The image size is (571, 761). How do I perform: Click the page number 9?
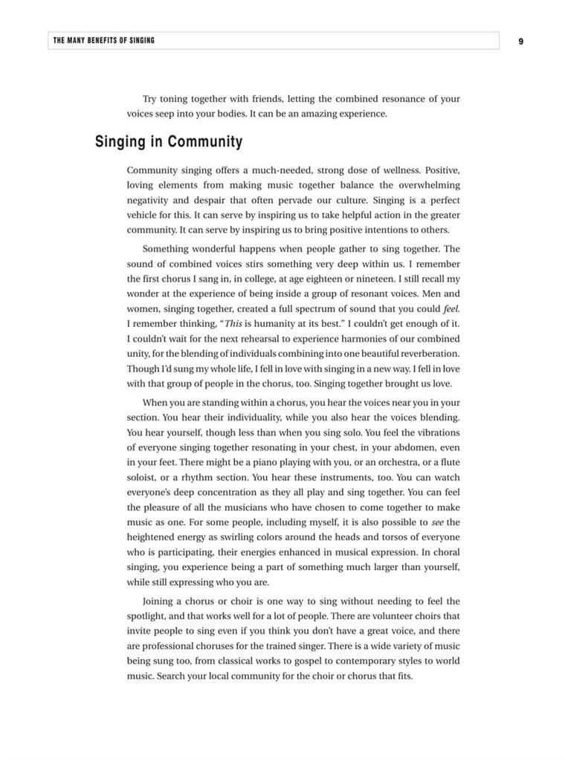(x=520, y=41)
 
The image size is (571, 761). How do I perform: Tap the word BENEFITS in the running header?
(x=101, y=41)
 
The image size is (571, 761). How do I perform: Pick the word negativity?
(x=149, y=201)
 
